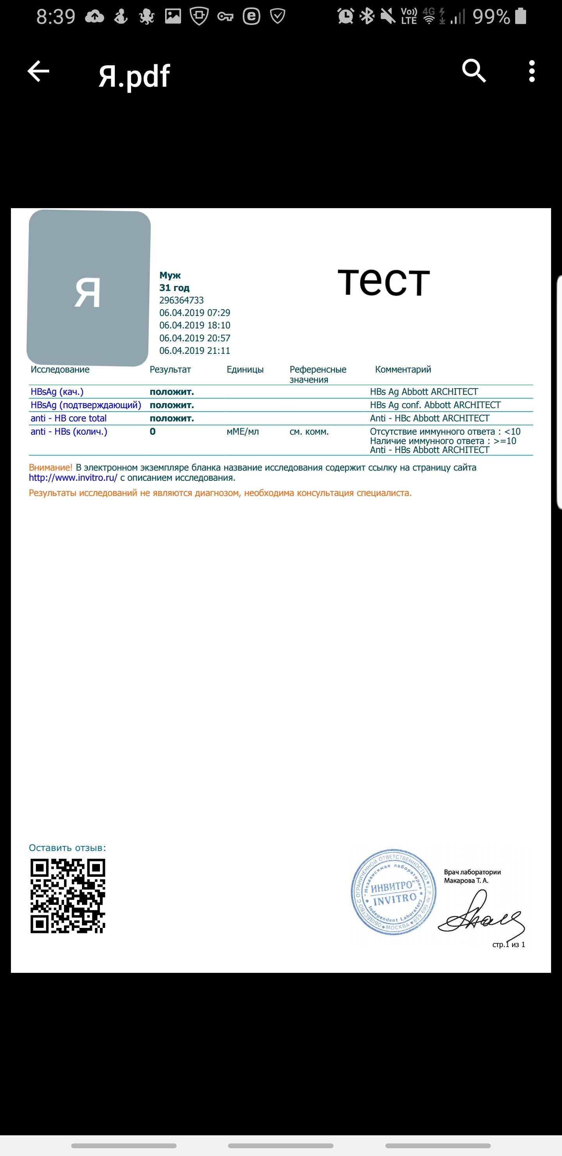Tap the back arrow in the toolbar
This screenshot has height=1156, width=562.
[38, 71]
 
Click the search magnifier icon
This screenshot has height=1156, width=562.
[474, 71]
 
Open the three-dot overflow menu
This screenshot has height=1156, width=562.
[532, 71]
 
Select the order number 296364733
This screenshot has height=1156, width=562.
[181, 300]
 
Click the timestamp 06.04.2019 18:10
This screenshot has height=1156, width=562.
[195, 325]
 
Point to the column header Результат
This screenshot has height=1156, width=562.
[170, 369]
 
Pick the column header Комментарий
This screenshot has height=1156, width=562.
[403, 369]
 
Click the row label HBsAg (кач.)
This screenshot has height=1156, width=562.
[57, 392]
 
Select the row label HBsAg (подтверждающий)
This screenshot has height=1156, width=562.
[86, 405]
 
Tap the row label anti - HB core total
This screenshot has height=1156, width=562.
[68, 418]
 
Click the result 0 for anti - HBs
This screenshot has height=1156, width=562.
[153, 432]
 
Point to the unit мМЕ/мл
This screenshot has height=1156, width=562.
[243, 432]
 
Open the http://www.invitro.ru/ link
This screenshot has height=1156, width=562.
[73, 478]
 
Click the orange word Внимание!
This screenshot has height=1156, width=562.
[50, 467]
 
